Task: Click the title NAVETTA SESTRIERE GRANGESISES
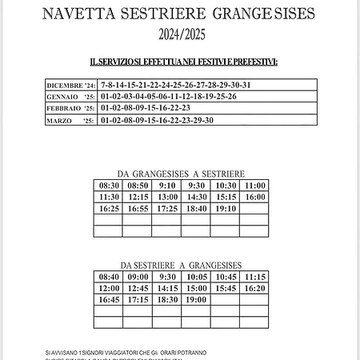[179, 14]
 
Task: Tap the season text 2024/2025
[180, 34]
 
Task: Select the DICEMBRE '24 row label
[71, 85]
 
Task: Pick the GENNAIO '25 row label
[71, 97]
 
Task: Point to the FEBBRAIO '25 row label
[71, 108]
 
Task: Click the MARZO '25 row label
[71, 120]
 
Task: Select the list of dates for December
[176, 85]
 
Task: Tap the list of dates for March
[158, 120]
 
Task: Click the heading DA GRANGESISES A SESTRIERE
[181, 174]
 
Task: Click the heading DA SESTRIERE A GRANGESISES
[181, 265]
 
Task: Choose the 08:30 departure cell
[110, 186]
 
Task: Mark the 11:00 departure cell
[255, 186]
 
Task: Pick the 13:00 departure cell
[168, 197]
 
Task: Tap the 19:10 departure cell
[226, 209]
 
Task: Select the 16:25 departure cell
[110, 209]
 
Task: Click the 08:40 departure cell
[110, 277]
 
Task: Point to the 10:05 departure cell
[197, 277]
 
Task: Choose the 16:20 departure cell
[255, 288]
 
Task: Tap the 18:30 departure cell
[168, 300]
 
